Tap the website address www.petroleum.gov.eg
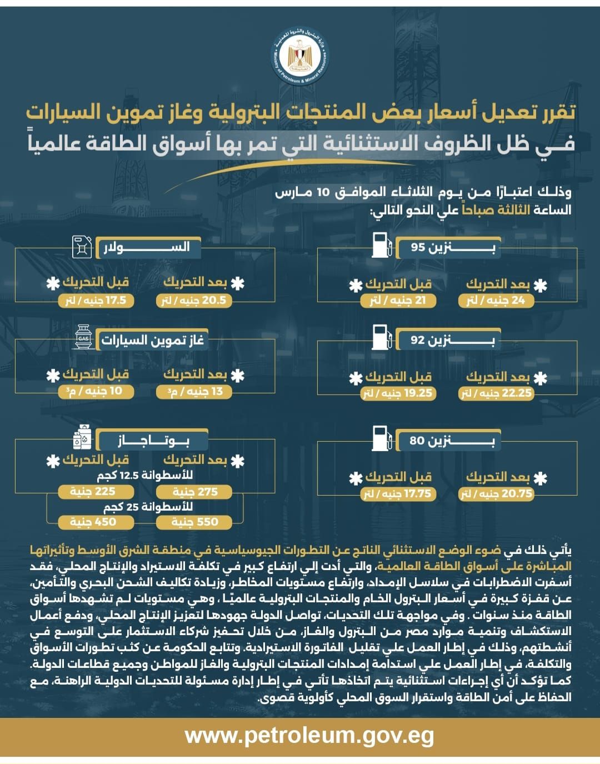pyautogui.click(x=309, y=736)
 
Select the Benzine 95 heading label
pyautogui.click(x=452, y=247)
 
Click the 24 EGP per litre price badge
pyautogui.click(x=496, y=301)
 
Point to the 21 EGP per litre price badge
pyautogui.click(x=398, y=301)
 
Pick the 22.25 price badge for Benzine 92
pyautogui.click(x=496, y=393)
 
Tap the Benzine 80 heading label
pyautogui.click(x=451, y=441)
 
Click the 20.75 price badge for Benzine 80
pyautogui.click(x=496, y=494)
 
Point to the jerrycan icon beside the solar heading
pyautogui.click(x=82, y=247)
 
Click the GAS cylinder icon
pyautogui.click(x=83, y=338)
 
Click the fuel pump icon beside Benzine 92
pyautogui.click(x=381, y=338)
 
